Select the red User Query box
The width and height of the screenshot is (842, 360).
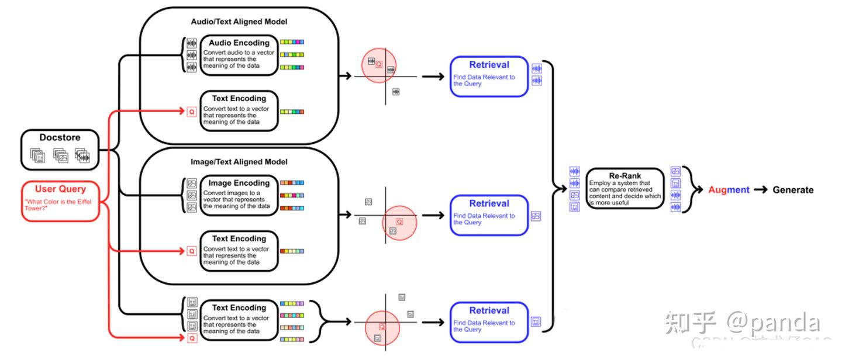tap(60, 201)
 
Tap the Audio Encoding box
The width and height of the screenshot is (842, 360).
tap(239, 54)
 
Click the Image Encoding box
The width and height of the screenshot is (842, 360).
tap(239, 195)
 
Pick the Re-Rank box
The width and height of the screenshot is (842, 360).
tap(625, 188)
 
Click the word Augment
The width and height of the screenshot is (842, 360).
tap(729, 190)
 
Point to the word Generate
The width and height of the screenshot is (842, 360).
tap(793, 190)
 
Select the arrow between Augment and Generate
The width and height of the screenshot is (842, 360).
tap(761, 190)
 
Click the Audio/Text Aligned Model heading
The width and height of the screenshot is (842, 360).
tap(239, 22)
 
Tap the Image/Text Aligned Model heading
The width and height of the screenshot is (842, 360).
tap(239, 162)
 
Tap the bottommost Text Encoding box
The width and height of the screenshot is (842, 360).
tap(239, 320)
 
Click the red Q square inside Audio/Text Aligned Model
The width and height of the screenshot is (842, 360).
tap(191, 111)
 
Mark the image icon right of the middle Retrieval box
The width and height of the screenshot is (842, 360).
tap(536, 216)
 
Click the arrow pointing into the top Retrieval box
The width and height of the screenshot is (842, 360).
tap(433, 76)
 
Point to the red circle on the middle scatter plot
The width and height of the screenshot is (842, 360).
tap(400, 222)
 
